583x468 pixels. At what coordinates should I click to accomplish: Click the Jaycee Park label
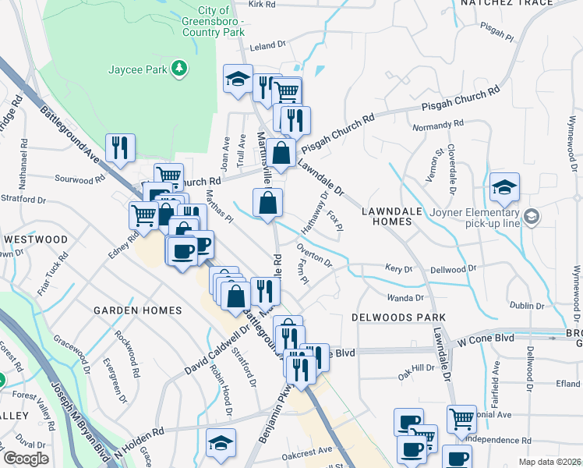[x=139, y=70]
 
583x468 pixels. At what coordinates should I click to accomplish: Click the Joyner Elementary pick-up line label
[x=470, y=218]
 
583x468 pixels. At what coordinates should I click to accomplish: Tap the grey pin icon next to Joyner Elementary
[x=532, y=215]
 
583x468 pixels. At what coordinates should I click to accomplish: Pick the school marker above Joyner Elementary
[x=505, y=187]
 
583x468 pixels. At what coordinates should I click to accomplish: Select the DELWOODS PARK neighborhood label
[x=397, y=317]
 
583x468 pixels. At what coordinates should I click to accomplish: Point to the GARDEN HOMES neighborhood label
[x=137, y=310]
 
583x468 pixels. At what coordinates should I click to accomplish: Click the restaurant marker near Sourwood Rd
[x=120, y=148]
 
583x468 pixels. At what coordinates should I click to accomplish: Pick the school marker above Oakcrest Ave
[x=221, y=442]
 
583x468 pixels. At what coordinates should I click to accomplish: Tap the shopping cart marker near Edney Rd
[x=143, y=215]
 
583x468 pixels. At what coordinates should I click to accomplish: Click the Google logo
[x=26, y=459]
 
